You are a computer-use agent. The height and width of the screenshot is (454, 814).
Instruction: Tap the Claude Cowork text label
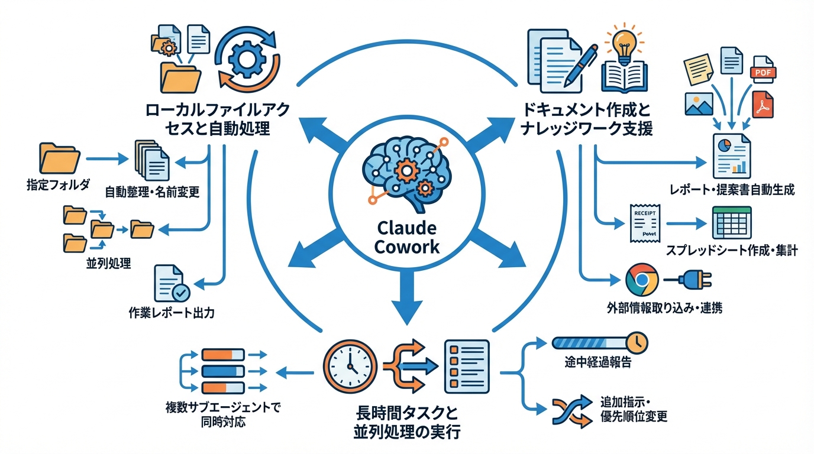(406, 237)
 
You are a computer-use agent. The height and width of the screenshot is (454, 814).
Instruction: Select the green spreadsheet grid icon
(731, 223)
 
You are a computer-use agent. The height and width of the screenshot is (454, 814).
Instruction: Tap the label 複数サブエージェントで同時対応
(223, 415)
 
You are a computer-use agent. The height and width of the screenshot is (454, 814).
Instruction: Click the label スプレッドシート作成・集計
(732, 251)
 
